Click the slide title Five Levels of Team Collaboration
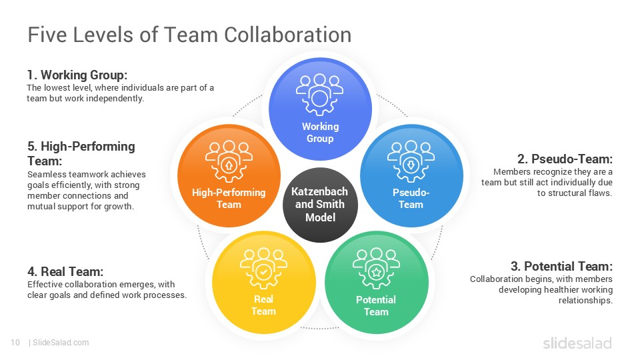click(x=189, y=35)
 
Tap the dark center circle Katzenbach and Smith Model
click(x=321, y=205)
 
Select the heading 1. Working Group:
click(x=77, y=75)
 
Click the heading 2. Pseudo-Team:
click(x=565, y=159)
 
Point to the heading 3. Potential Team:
click(x=561, y=267)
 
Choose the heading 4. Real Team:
click(x=65, y=271)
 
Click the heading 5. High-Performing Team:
click(x=81, y=153)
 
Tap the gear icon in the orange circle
click(x=229, y=161)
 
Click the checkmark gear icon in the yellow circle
click(x=264, y=269)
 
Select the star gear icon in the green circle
click(x=376, y=269)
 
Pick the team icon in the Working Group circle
click(x=319, y=95)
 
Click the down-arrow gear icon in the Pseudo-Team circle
click(x=411, y=161)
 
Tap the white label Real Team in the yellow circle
click(x=264, y=305)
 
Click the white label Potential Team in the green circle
click(x=376, y=306)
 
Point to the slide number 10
click(x=15, y=343)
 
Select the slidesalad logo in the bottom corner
click(x=577, y=343)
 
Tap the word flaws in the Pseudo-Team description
click(x=601, y=193)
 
